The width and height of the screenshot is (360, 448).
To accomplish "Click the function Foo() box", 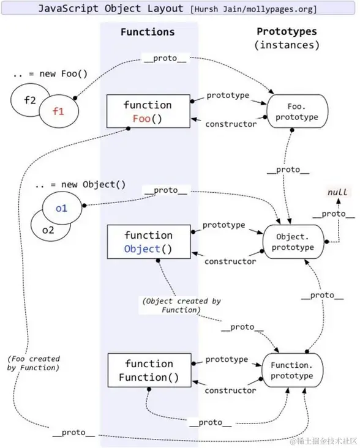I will tap(148, 111).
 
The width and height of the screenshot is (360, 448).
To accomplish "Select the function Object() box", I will tap(148, 242).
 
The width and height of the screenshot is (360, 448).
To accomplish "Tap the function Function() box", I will tap(148, 370).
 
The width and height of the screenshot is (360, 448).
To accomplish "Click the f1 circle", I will tap(58, 111).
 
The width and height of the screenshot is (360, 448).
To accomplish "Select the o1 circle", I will tap(61, 208).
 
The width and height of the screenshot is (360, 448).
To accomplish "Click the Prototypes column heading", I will tap(288, 31).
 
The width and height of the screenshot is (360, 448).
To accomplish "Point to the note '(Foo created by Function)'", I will tap(34, 363).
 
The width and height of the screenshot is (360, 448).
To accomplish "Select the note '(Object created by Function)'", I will tap(181, 305).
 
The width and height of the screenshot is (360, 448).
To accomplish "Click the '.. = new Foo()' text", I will tap(50, 74).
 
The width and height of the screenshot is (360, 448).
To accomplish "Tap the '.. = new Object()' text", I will tap(80, 184).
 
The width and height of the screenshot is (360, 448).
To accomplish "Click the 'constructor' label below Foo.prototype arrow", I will tap(230, 124).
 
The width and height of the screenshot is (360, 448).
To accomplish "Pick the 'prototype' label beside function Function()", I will tap(227, 359).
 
